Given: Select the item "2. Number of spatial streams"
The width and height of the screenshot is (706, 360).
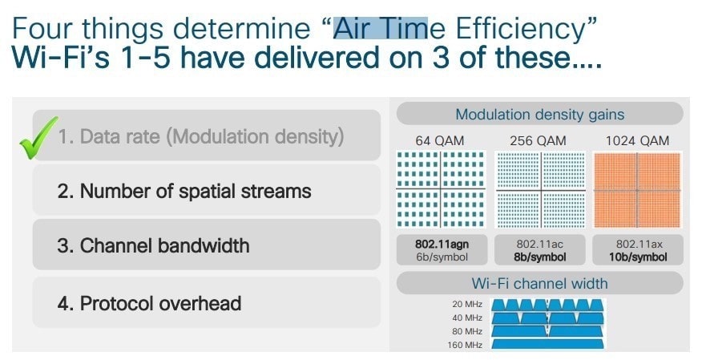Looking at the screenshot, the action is [x=207, y=191].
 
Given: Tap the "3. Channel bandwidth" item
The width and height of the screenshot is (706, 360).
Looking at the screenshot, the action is [x=207, y=245].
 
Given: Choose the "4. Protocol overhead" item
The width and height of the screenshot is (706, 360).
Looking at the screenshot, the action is [x=207, y=303].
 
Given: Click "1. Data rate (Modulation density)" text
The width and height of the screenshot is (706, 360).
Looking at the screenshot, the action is [x=201, y=136].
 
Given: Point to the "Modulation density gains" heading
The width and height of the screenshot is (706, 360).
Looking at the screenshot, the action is [x=540, y=114].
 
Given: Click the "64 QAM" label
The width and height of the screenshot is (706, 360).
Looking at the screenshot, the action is [x=439, y=141].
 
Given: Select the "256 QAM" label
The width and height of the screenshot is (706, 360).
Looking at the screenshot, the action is [x=538, y=141].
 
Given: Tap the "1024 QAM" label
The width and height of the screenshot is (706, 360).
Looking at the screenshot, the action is [x=637, y=141].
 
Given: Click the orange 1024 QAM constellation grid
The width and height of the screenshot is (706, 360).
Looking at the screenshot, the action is [x=637, y=190].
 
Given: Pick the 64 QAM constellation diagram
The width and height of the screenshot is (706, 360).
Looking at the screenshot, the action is [x=441, y=189].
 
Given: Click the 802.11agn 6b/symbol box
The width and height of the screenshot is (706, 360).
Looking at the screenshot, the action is [x=442, y=250].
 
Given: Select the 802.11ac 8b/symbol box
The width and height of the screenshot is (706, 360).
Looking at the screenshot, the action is [x=540, y=250].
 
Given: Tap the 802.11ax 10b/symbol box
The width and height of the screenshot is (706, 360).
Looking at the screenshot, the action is [x=638, y=250].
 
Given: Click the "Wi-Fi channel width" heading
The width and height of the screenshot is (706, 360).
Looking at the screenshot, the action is [x=539, y=283].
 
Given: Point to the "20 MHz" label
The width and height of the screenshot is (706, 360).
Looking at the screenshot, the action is [x=467, y=304].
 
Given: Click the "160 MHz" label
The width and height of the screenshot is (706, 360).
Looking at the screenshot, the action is [x=465, y=345].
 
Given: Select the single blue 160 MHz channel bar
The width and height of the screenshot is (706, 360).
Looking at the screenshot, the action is [x=547, y=344].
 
